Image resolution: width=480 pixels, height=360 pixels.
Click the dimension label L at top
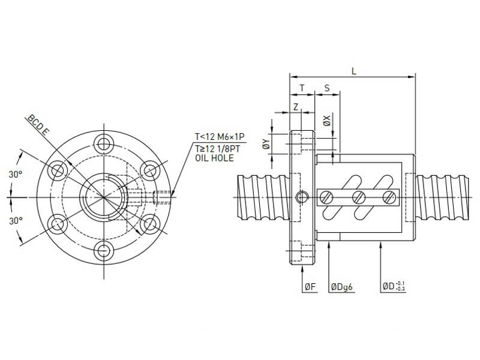tap(354, 71)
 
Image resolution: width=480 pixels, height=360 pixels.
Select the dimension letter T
tap(302, 88)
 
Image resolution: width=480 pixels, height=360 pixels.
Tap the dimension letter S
tap(327, 88)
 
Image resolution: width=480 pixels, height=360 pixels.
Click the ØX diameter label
tap(326, 121)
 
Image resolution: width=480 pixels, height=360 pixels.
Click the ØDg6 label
tap(343, 287)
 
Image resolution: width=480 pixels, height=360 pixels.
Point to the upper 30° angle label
tap(16, 174)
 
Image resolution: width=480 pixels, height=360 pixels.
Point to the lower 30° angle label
tap(16, 220)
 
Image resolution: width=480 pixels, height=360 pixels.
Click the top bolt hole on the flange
tap(105, 143)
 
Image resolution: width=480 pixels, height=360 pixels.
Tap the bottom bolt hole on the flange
tap(105, 250)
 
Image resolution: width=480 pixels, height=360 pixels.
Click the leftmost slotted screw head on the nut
tap(327, 196)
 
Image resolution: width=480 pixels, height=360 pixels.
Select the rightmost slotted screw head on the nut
tap(390, 196)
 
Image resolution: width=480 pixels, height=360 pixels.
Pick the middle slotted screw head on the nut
tap(359, 196)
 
